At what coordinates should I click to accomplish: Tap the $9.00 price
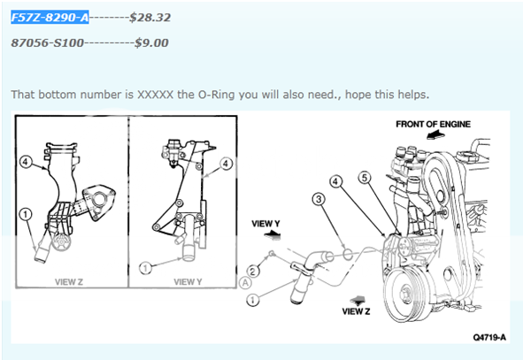151,42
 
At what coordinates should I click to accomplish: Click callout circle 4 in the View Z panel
27,163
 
